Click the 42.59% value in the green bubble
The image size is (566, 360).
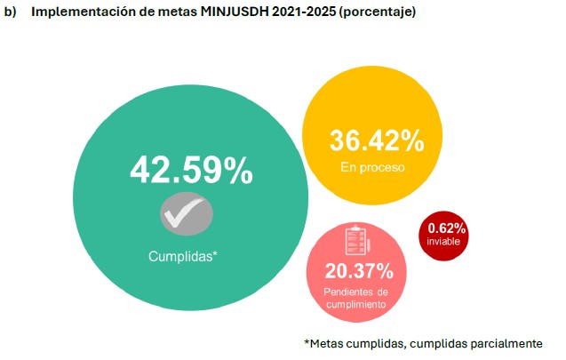point(192,172)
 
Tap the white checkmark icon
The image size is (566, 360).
point(187,214)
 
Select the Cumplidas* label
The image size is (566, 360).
point(183,256)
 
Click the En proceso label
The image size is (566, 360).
point(372,166)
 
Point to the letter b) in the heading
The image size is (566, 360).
point(11,12)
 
